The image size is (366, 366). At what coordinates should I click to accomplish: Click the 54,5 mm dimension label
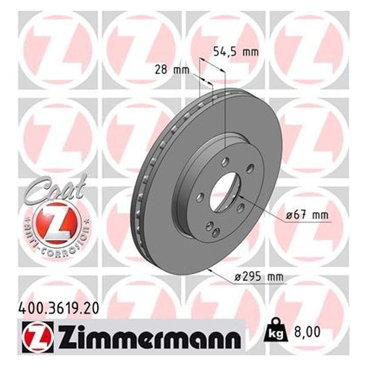[236, 53]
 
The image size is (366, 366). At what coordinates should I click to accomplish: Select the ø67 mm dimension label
[308, 215]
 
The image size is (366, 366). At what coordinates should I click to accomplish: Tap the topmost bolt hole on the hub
[225, 163]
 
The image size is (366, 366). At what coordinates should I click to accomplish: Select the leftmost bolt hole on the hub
[200, 197]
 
